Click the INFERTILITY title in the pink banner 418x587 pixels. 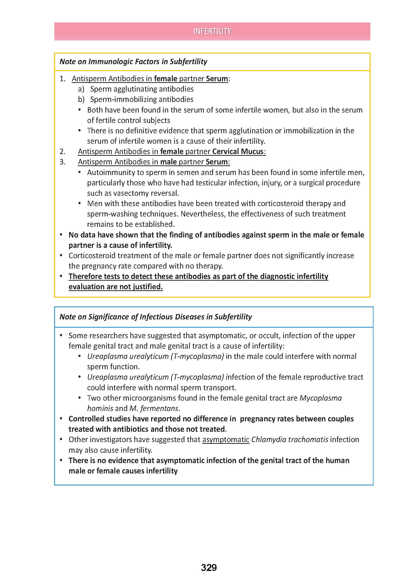[212, 31]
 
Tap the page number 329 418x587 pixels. [209, 567]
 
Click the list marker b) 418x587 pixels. [81, 99]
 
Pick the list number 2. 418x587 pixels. [62, 151]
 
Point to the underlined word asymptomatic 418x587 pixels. [226, 440]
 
